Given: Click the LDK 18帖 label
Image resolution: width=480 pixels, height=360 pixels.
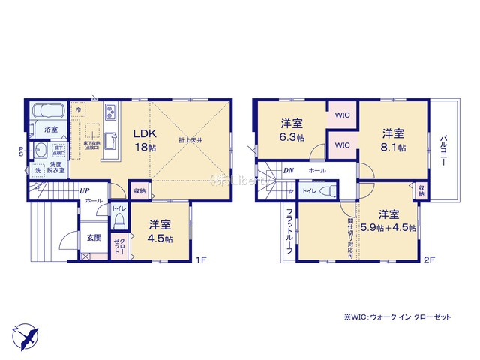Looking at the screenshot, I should click(x=145, y=140).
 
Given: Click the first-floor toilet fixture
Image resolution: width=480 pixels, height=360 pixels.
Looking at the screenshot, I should click(x=119, y=221).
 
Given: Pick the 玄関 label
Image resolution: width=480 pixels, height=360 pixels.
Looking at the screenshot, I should click(x=93, y=238).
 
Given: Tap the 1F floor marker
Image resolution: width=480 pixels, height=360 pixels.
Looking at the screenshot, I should click(x=201, y=259).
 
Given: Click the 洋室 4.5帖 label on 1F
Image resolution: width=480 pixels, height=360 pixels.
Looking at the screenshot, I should click(x=159, y=231).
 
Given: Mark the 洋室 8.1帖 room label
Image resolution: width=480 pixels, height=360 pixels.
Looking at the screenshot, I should click(x=393, y=140).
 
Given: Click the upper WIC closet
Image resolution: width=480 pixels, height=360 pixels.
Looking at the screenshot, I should click(x=343, y=116).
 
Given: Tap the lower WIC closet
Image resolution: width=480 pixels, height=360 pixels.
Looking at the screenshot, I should click(x=343, y=145).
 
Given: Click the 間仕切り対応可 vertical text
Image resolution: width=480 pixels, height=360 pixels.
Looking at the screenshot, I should click(x=350, y=232).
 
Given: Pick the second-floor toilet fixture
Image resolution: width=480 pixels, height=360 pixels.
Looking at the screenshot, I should click(x=325, y=192).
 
